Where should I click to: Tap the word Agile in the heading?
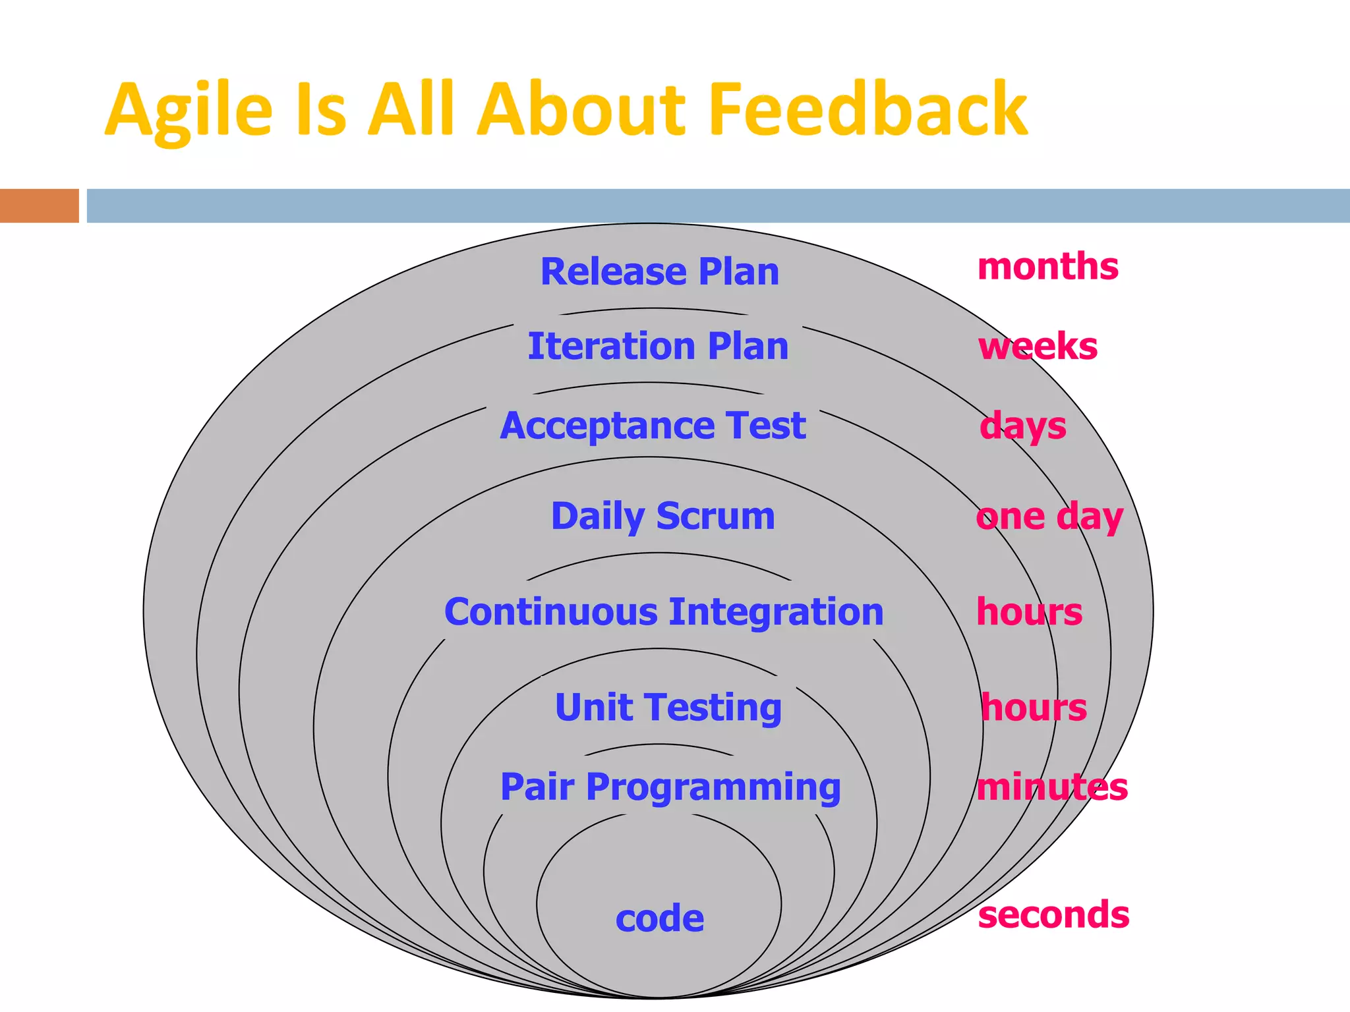pos(189,111)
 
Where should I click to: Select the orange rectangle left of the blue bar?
pos(39,206)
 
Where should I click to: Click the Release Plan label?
pos(659,271)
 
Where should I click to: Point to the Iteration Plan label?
pos(658,346)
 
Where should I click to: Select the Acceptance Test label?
pos(653,426)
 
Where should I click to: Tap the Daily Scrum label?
pos(662,516)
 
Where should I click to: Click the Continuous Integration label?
pos(664,612)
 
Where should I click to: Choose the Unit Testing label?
pos(668,708)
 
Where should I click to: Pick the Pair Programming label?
pos(670,787)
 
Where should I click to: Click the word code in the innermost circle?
pos(659,918)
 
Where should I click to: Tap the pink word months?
pos(1047,266)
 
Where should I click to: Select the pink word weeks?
pos(1038,347)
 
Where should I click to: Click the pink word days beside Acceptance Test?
pos(1022,426)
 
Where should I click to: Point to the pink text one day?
pos(1049,517)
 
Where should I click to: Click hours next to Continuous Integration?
pos(1029,612)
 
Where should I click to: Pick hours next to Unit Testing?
pos(1034,708)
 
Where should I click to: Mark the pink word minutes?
pos(1052,787)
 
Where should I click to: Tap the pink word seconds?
pos(1053,915)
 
